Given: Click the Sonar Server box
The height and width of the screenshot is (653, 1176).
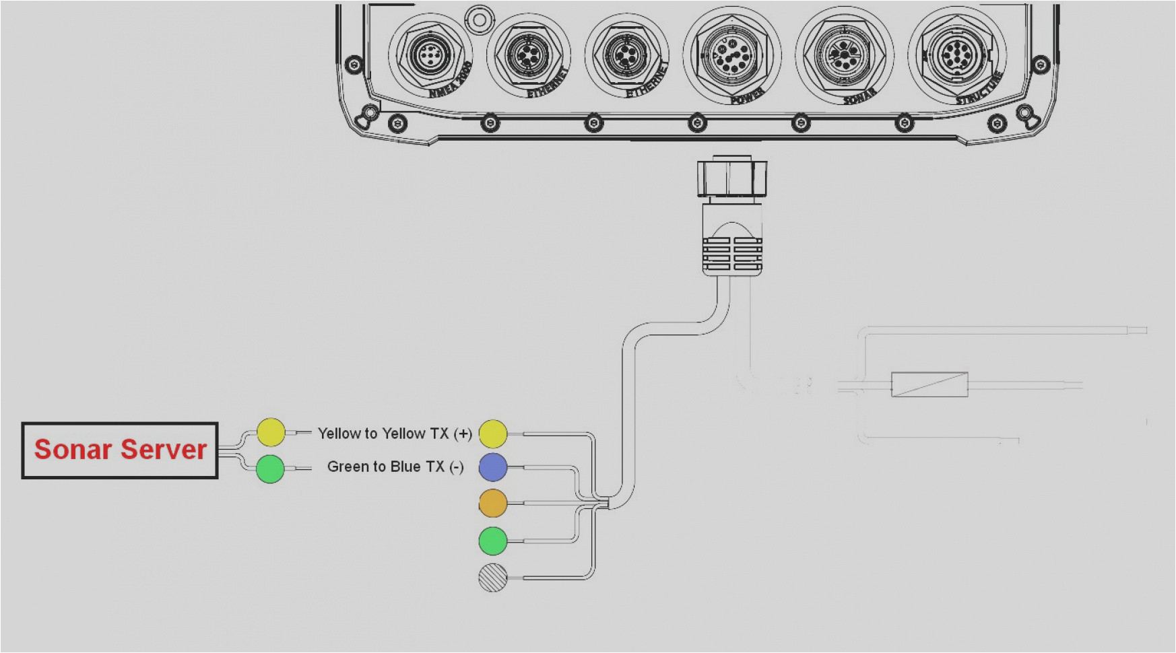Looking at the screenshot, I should pyautogui.click(x=120, y=450).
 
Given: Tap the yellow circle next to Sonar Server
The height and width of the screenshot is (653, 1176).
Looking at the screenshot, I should pyautogui.click(x=271, y=432).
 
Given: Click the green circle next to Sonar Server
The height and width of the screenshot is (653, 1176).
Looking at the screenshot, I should pyautogui.click(x=270, y=469).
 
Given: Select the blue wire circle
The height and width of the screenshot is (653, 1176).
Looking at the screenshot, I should pyautogui.click(x=493, y=467).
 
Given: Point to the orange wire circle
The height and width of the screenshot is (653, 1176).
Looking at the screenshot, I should pyautogui.click(x=493, y=504).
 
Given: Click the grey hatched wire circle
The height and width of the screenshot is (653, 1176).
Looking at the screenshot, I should pyautogui.click(x=493, y=578).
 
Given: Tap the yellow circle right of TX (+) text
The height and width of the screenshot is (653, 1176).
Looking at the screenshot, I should pyautogui.click(x=493, y=434).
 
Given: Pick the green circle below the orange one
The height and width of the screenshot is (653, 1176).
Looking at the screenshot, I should pyautogui.click(x=493, y=541).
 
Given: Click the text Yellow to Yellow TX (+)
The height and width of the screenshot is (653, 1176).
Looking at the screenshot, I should pyautogui.click(x=394, y=434).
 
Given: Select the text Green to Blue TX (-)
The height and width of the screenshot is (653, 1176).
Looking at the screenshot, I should pyautogui.click(x=395, y=467).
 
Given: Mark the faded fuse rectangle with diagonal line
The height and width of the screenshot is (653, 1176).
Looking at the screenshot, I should pyautogui.click(x=929, y=384).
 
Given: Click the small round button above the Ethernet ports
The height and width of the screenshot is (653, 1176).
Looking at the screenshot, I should pyautogui.click(x=480, y=20).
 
